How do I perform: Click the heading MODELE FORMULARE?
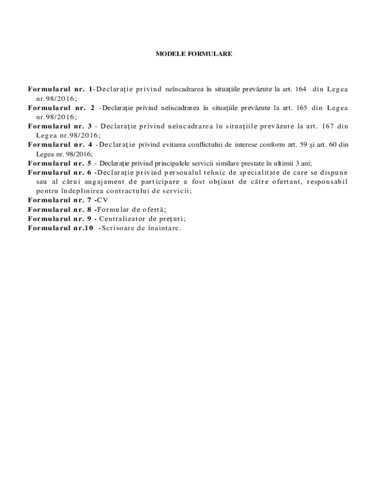(x=194, y=54)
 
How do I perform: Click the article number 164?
(x=301, y=89)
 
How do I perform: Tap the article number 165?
(x=302, y=108)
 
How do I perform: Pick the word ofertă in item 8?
(x=154, y=209)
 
